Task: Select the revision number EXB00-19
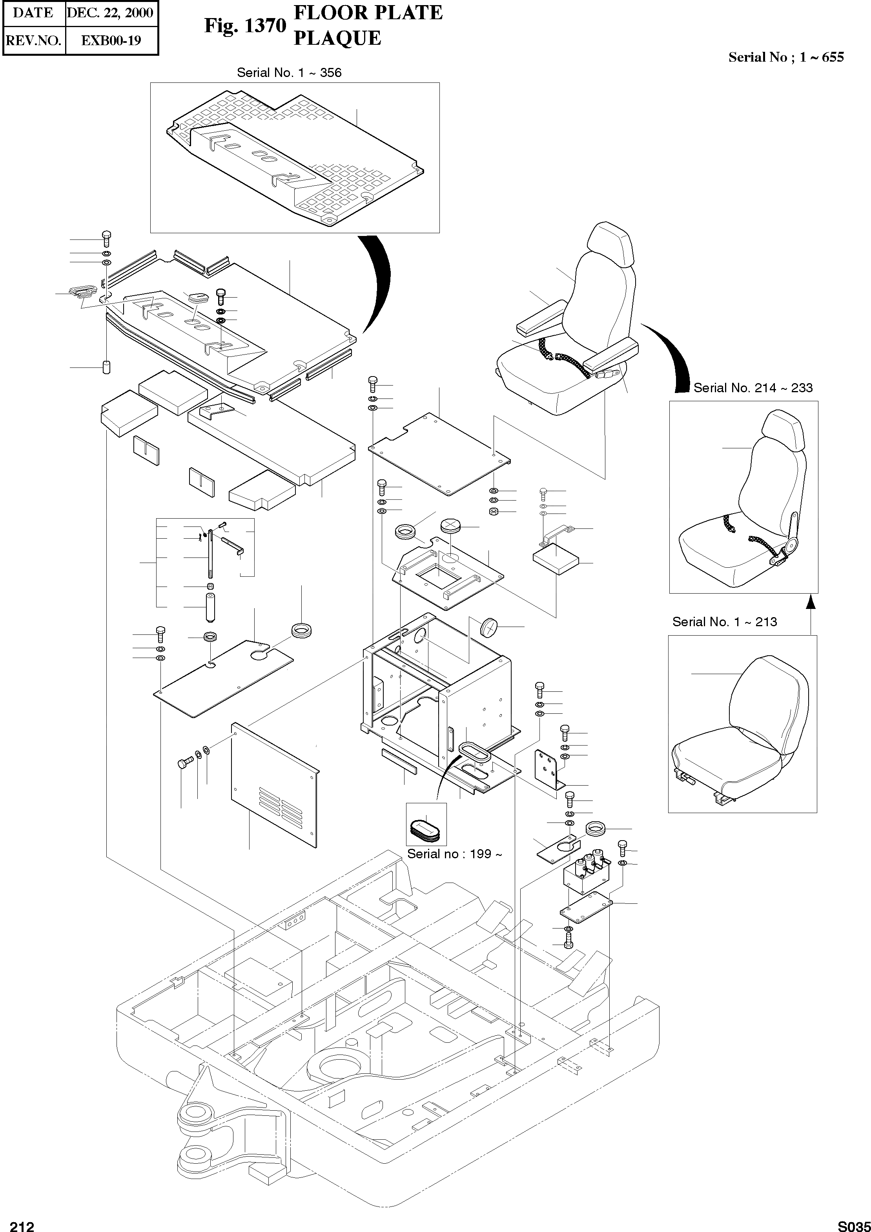click(x=111, y=41)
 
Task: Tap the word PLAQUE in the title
click(x=337, y=38)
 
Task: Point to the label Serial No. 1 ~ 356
click(x=289, y=73)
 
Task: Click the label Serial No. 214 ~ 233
click(x=753, y=388)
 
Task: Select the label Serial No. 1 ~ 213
click(x=725, y=622)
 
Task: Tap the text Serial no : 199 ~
click(x=455, y=854)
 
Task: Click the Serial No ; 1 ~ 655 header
click(x=786, y=57)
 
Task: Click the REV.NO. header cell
click(x=34, y=41)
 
